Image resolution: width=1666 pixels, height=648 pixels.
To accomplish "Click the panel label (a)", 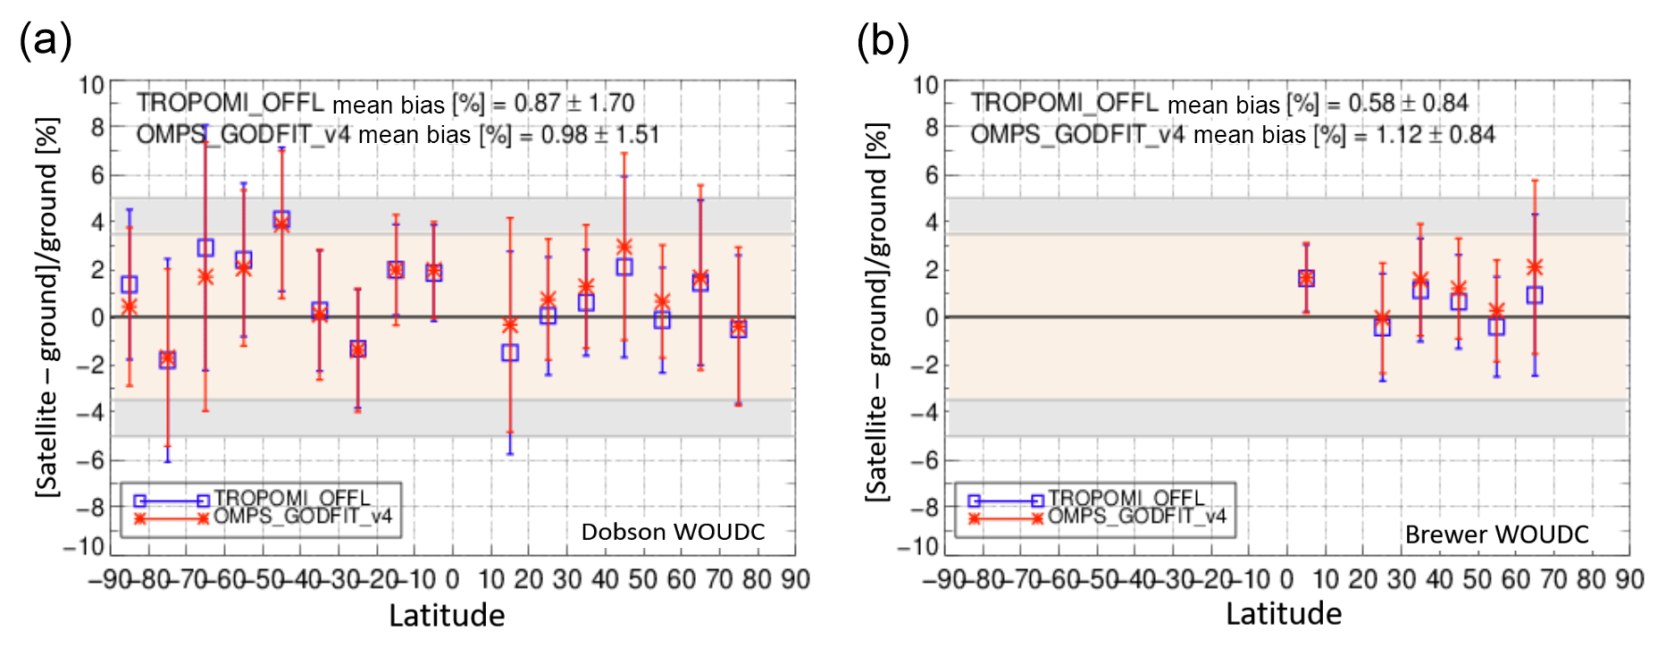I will (x=45, y=41).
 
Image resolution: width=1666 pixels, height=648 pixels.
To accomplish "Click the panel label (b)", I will (x=883, y=41).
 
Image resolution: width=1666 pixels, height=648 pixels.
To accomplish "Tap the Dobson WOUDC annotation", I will (x=673, y=532).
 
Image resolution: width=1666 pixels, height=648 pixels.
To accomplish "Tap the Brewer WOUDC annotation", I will (x=1496, y=534).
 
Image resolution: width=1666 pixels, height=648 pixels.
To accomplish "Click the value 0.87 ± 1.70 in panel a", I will (x=573, y=103).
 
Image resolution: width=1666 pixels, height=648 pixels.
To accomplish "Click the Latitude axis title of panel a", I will (x=447, y=615).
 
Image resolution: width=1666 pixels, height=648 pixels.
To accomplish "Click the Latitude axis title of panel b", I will (x=1283, y=614).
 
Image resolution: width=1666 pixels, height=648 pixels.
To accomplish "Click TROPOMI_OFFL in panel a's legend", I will (x=291, y=498).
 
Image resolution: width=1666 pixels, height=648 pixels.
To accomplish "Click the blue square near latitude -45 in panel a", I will (x=281, y=219).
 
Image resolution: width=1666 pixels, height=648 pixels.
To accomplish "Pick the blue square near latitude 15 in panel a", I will (x=510, y=353).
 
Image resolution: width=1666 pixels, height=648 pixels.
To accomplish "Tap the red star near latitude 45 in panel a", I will (x=624, y=247).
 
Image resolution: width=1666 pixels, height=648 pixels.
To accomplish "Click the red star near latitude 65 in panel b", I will (x=1535, y=267).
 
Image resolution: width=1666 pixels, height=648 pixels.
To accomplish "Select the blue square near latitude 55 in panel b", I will (x=1496, y=327).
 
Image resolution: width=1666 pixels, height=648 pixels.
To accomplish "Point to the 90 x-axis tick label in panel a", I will (x=795, y=580).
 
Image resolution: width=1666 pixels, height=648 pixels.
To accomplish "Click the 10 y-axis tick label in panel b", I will (x=925, y=86).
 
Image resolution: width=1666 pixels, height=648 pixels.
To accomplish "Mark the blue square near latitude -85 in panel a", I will (x=130, y=285).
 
